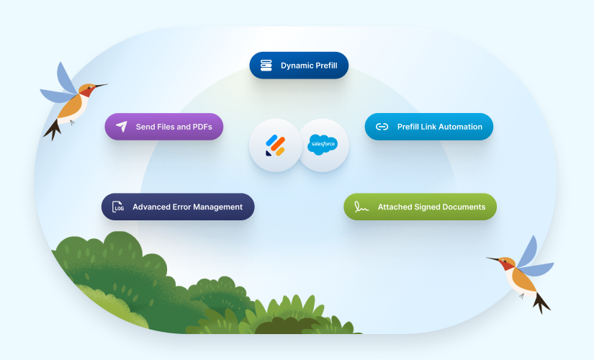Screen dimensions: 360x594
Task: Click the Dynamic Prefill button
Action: (299, 66)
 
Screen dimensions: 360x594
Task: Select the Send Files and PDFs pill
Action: (163, 127)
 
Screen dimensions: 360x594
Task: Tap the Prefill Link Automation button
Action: (428, 127)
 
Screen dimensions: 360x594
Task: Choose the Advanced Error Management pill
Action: (177, 207)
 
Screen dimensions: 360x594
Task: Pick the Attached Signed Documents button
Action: (420, 207)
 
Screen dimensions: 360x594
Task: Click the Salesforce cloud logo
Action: (323, 145)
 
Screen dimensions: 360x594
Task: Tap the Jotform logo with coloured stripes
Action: (274, 145)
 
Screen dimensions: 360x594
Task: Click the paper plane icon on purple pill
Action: (121, 127)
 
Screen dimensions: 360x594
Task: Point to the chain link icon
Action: (382, 127)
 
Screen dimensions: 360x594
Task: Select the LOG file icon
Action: (118, 207)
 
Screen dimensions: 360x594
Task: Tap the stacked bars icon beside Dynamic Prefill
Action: (266, 66)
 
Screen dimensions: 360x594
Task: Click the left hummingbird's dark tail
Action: (53, 130)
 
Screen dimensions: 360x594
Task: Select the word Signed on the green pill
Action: (430, 207)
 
